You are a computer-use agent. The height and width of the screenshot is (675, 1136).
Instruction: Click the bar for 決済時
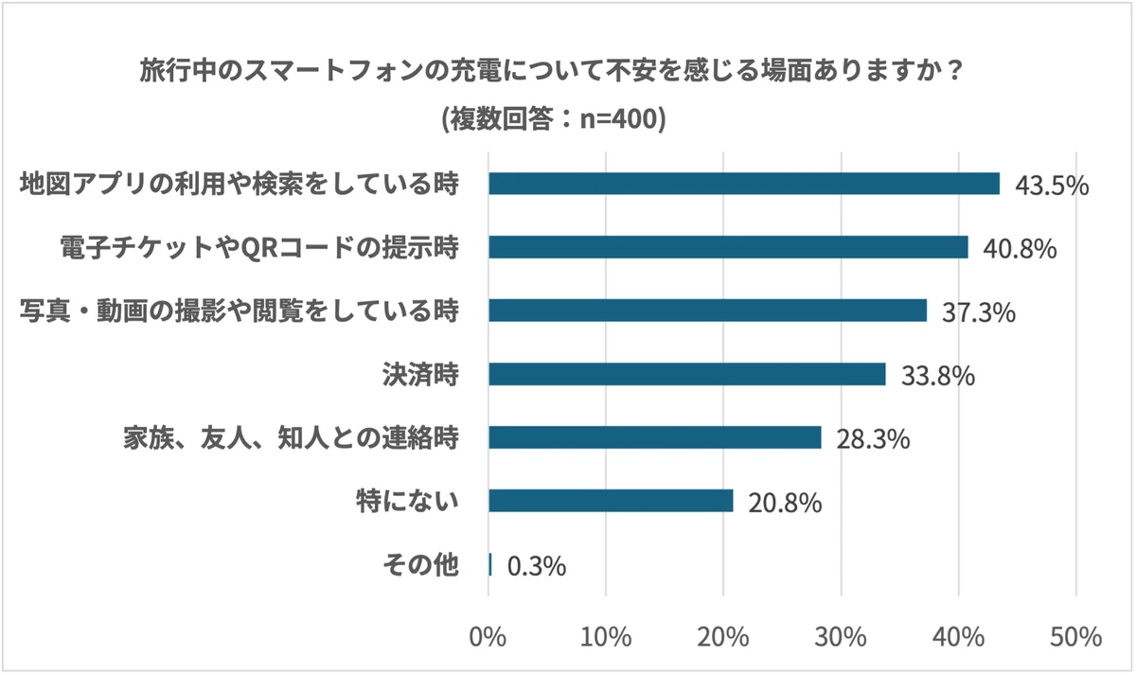point(686,374)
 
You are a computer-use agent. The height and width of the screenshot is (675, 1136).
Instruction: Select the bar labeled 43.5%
point(743,184)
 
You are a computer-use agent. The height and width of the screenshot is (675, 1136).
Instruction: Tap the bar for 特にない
point(611,501)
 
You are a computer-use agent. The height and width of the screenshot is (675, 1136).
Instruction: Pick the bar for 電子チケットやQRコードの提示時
point(728,247)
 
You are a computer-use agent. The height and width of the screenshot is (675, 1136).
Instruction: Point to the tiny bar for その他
point(490,564)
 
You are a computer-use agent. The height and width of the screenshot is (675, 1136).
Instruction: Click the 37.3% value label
point(978,311)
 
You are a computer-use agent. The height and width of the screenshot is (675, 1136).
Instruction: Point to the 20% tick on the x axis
point(724,636)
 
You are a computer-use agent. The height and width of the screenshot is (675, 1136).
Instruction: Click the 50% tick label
point(1076,636)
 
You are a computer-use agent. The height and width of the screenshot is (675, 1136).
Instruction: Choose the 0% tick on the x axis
point(488,636)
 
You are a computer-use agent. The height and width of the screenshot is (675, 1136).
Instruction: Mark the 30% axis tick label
point(842,636)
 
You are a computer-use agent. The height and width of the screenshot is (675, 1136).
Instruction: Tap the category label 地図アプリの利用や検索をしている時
point(240,184)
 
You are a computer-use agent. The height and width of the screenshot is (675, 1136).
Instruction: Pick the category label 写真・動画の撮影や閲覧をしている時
point(240,311)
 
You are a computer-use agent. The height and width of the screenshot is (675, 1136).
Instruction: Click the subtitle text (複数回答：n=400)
point(554,120)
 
